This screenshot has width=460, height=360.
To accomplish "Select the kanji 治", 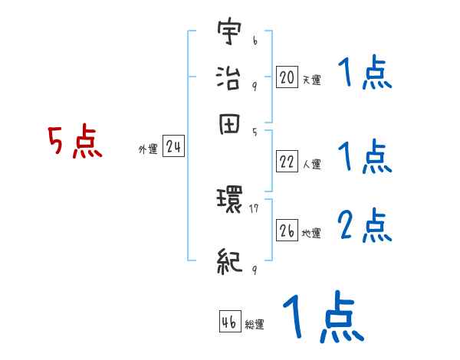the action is [230, 78].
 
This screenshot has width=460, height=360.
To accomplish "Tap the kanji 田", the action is [230, 125].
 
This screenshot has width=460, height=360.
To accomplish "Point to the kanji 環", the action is [230, 201].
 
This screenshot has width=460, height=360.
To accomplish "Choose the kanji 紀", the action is [230, 261].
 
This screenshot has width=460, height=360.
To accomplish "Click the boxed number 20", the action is [287, 77].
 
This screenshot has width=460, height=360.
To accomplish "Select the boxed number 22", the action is [287, 162].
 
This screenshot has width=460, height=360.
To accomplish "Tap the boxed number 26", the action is [287, 230].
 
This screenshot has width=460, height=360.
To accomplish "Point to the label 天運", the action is [311, 80].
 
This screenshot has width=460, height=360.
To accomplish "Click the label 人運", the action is [311, 164].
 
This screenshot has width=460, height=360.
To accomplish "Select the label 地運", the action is [311, 233].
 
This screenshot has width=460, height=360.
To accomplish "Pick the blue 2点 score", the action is [364, 227].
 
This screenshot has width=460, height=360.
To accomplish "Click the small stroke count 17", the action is [255, 208].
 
